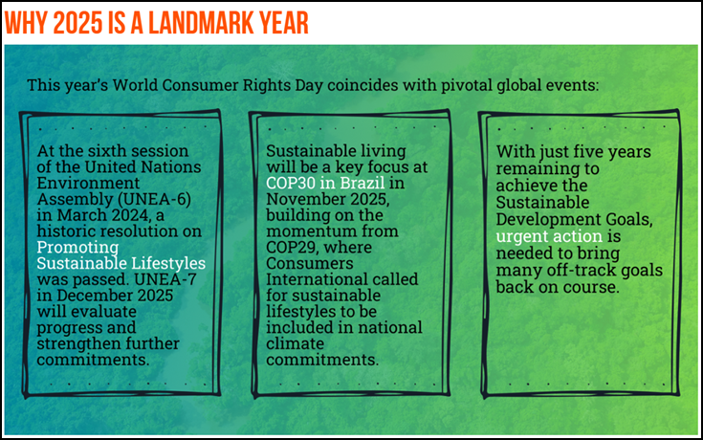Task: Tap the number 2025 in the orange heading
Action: [77, 23]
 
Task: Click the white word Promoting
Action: [77, 247]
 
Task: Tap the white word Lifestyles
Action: [165, 263]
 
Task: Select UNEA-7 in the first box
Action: [165, 279]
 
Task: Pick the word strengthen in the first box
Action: [80, 343]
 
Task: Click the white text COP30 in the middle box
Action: [291, 183]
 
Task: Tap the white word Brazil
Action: [362, 183]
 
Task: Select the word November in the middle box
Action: [307, 199]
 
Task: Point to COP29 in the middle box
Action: [293, 247]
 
